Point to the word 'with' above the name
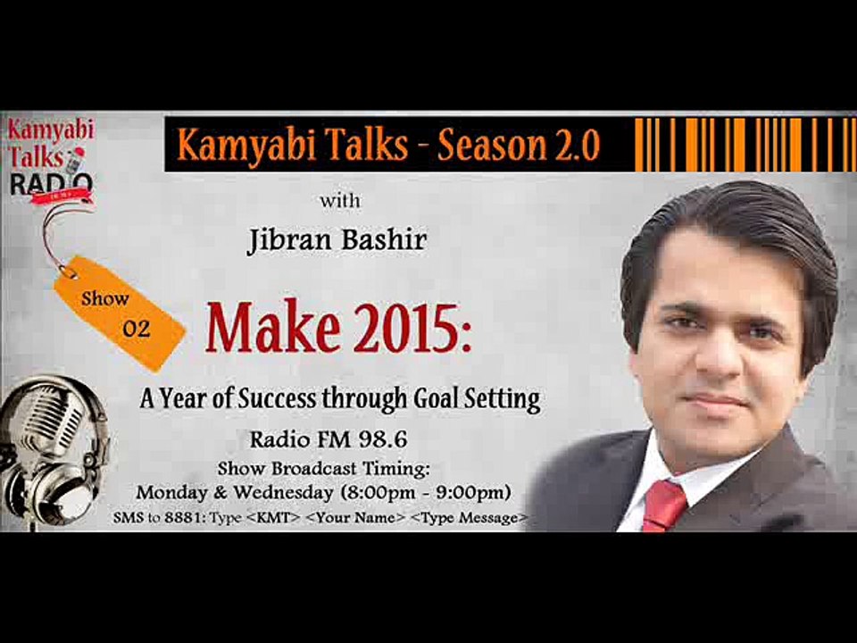340,200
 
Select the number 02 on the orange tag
137,328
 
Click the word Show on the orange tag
105,298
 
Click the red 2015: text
407,329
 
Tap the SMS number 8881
170,518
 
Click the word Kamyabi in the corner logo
50,129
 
